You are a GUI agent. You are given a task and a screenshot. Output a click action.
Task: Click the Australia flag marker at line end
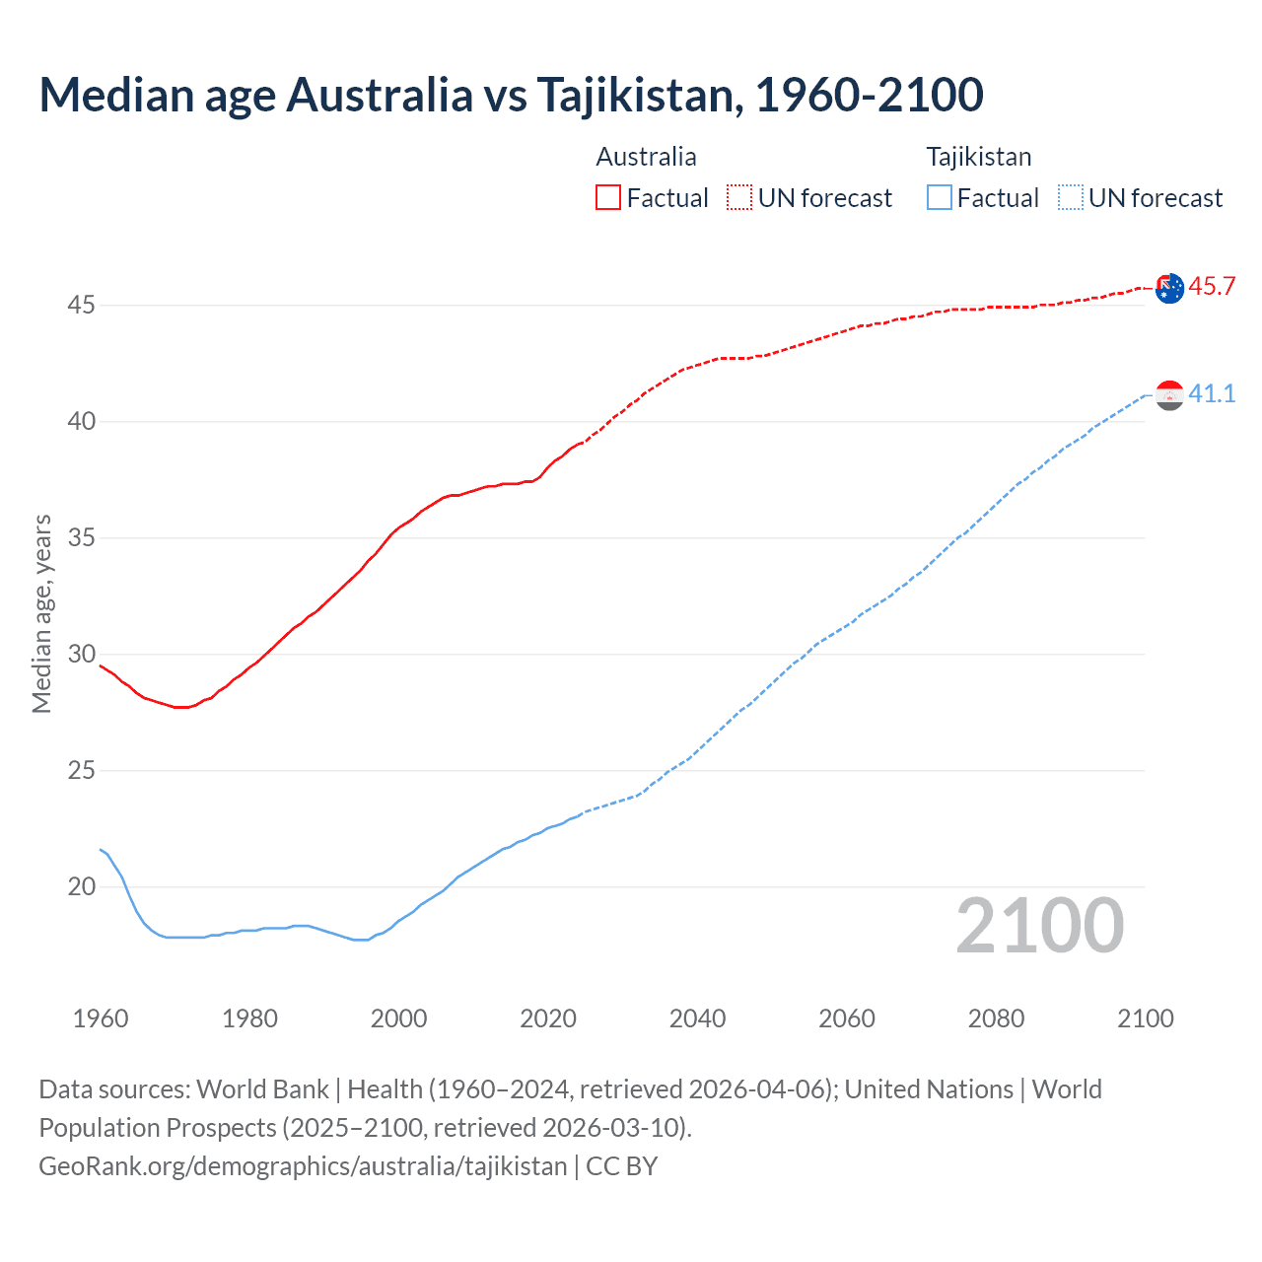tap(1169, 288)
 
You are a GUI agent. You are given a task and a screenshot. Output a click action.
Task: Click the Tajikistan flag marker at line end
tap(1169, 395)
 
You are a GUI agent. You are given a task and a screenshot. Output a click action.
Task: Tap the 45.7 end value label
tap(1212, 287)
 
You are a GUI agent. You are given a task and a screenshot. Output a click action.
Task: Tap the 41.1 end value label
tap(1212, 394)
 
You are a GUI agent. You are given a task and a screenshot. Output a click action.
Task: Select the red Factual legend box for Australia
tap(608, 198)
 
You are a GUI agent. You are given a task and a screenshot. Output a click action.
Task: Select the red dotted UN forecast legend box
tap(739, 198)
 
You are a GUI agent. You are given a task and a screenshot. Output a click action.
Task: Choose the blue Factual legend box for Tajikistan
tap(940, 198)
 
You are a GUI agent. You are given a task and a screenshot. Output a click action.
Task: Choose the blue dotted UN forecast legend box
tap(1071, 198)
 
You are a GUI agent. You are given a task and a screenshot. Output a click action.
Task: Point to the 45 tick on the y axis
tap(81, 306)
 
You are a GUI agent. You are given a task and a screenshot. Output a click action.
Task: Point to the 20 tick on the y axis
tap(81, 887)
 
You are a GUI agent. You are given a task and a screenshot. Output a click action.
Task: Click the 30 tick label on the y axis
tap(81, 655)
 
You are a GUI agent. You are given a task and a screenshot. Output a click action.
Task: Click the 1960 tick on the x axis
tap(101, 1018)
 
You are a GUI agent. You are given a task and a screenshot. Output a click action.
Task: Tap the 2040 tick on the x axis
tap(697, 1018)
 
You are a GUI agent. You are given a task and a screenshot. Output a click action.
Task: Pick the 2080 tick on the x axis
tap(996, 1018)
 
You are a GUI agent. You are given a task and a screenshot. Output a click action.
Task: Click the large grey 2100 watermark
tap(1040, 925)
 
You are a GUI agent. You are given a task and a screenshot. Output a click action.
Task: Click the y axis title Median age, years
tap(41, 613)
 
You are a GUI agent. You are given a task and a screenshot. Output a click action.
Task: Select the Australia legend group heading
tap(646, 157)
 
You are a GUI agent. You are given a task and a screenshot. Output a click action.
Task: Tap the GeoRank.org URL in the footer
tap(303, 1166)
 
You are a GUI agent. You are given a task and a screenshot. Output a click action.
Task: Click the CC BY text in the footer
tap(622, 1166)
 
